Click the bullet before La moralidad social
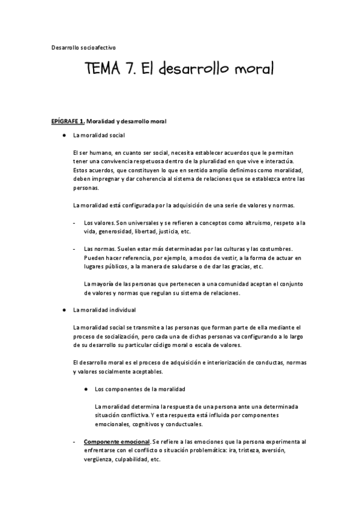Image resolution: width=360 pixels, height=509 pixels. pos(63,136)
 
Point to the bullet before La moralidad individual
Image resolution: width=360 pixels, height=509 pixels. pos(63,310)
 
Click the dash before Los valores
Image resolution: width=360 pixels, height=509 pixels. pos(74,223)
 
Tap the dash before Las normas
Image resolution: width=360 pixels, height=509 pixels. pos(74,248)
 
